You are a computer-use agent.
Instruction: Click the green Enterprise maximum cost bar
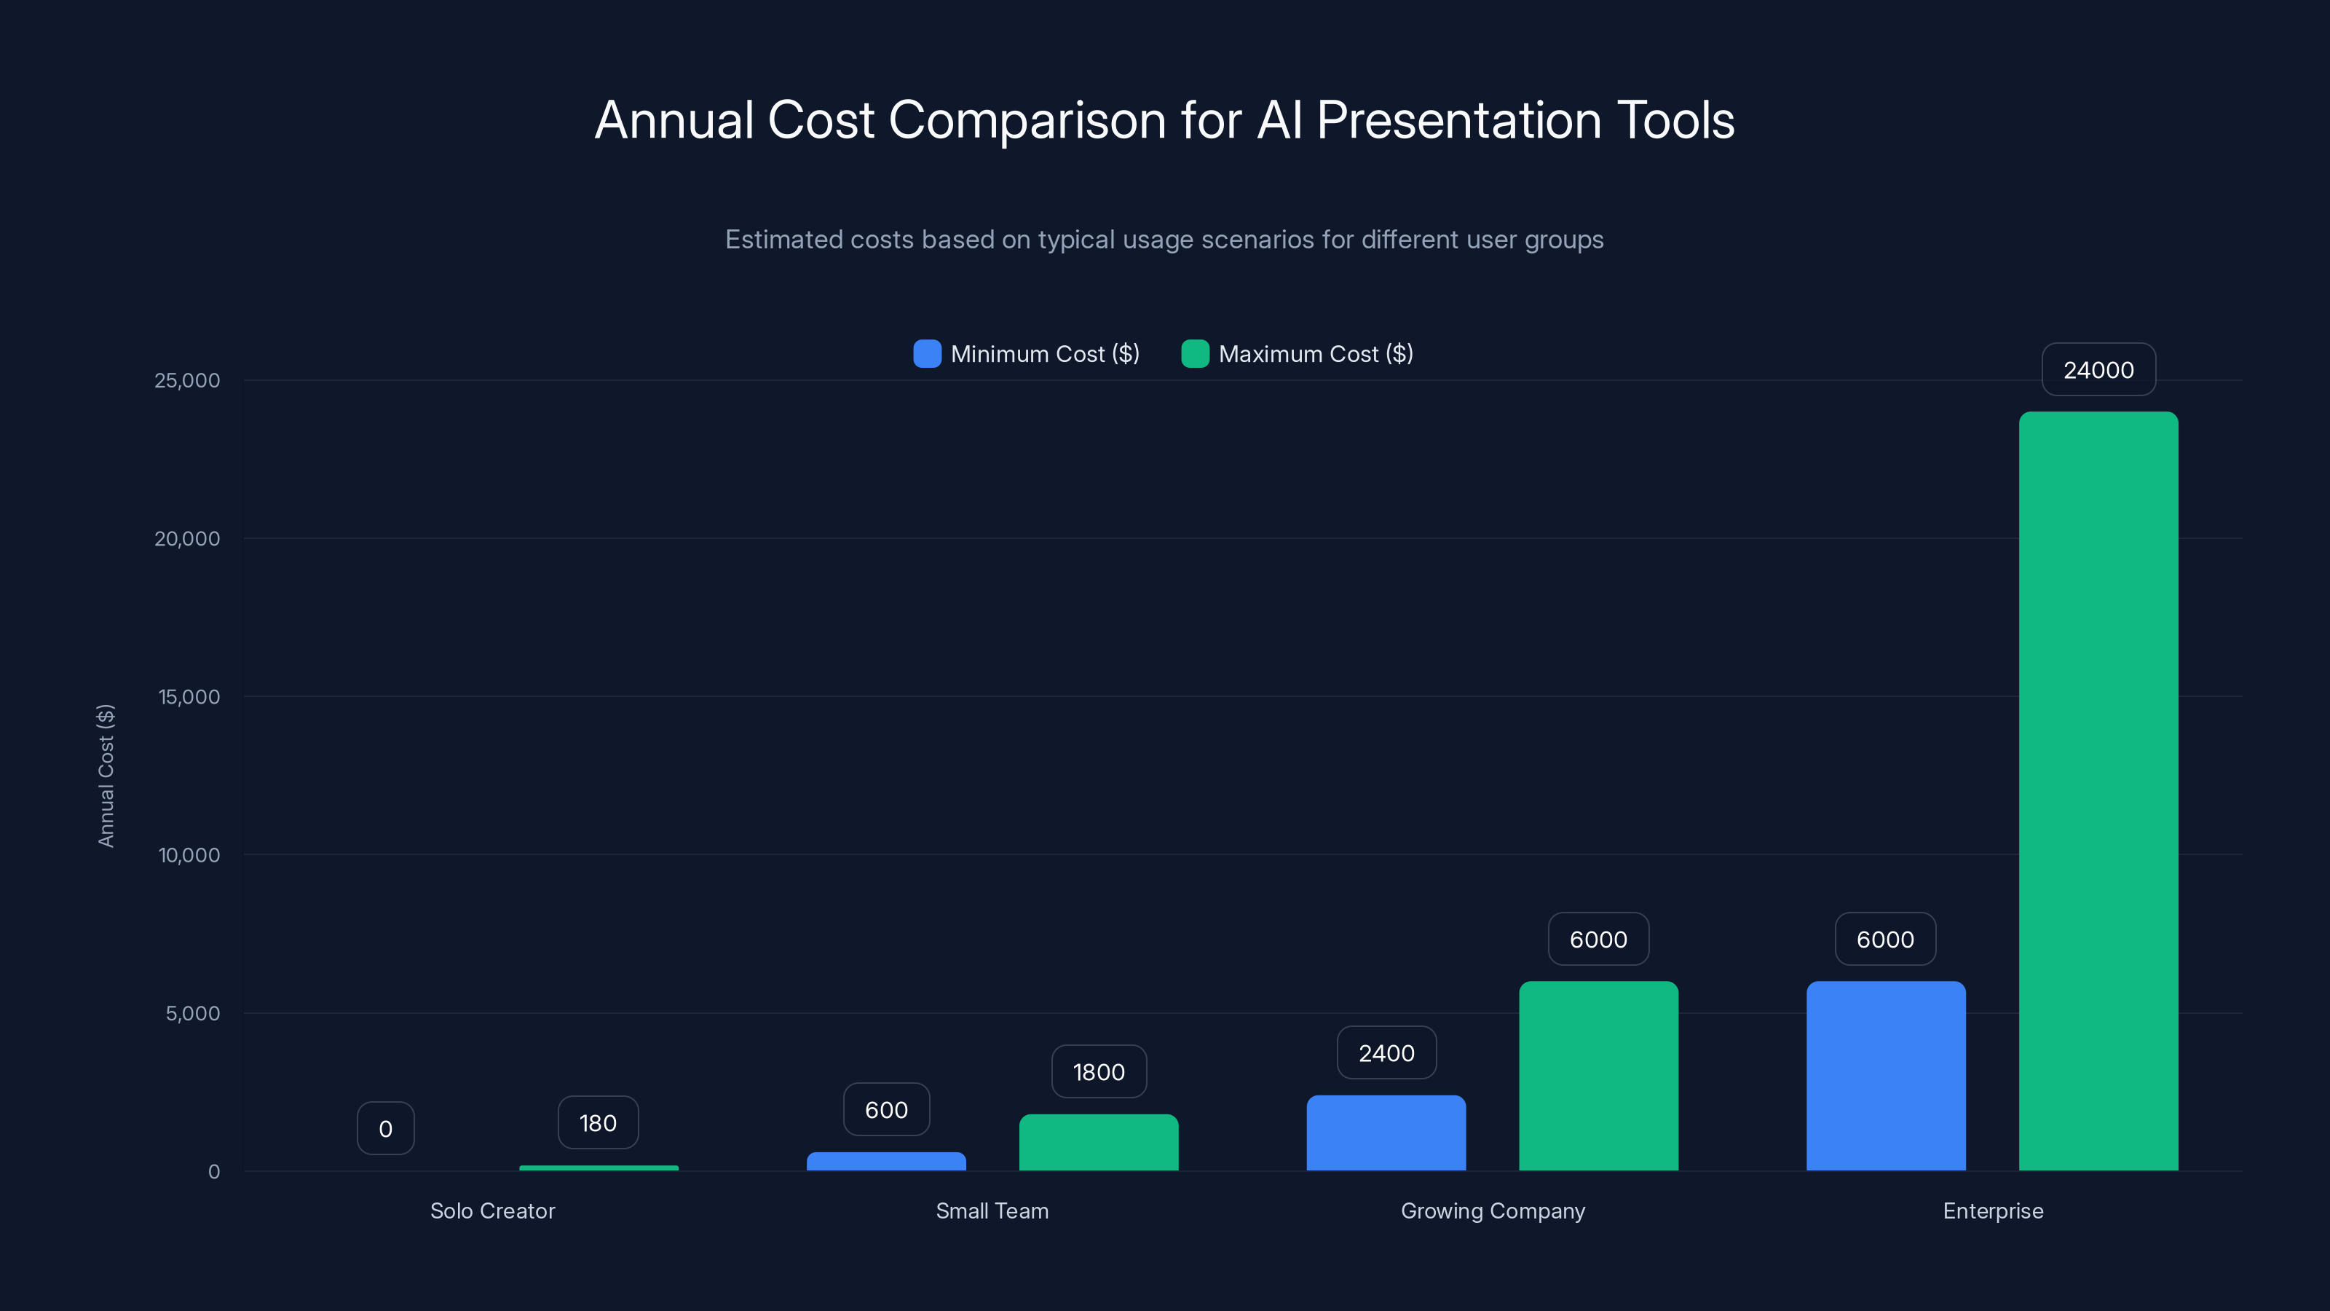click(x=2098, y=792)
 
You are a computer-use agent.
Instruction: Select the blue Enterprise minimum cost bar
click(x=1886, y=1076)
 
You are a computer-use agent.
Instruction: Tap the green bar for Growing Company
click(x=1598, y=1076)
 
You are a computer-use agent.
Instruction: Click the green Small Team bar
click(x=1098, y=1143)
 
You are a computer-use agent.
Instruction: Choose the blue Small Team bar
click(x=886, y=1162)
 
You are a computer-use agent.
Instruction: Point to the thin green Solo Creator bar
click(x=599, y=1168)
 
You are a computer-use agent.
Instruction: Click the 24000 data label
click(x=2098, y=370)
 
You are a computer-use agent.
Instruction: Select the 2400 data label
click(x=1386, y=1053)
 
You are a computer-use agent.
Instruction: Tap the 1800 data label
click(x=1098, y=1072)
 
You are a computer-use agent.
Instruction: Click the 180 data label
click(x=598, y=1123)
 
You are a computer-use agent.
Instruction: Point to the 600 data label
click(x=886, y=1110)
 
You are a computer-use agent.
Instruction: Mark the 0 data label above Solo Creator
click(x=385, y=1128)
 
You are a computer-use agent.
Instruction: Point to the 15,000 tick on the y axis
click(x=189, y=697)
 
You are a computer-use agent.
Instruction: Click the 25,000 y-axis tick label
click(x=187, y=380)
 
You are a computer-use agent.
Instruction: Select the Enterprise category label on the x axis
click(x=1993, y=1210)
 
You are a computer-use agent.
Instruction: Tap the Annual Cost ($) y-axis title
click(x=106, y=776)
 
